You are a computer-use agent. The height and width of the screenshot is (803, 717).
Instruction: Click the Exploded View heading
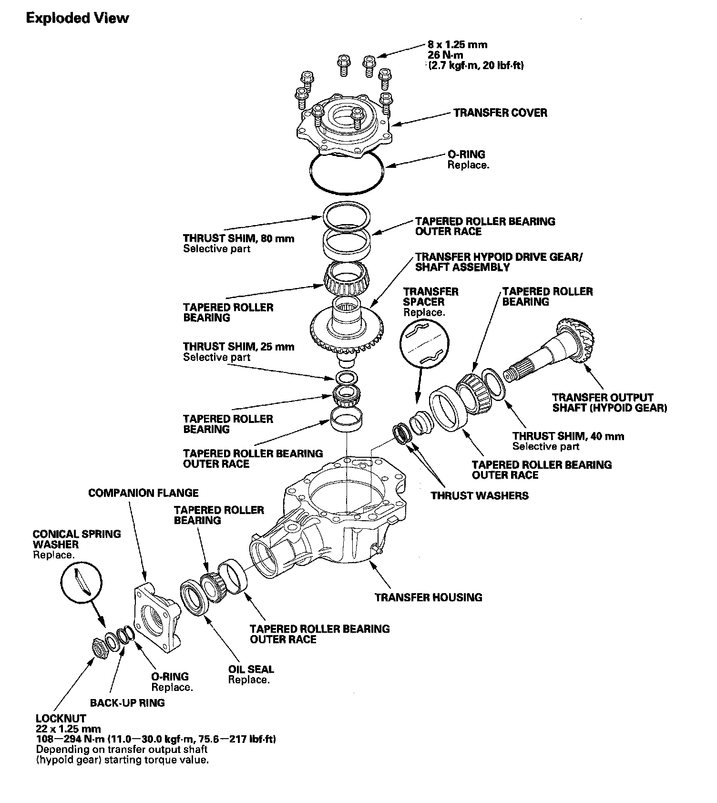pyautogui.click(x=77, y=18)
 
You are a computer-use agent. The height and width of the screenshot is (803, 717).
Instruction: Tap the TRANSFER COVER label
pyautogui.click(x=500, y=113)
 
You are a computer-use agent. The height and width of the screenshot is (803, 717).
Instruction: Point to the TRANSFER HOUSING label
pyautogui.click(x=428, y=597)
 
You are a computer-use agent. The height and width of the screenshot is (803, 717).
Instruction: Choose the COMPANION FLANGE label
pyautogui.click(x=143, y=493)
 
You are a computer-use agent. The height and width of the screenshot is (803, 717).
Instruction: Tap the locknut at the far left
pyautogui.click(x=99, y=648)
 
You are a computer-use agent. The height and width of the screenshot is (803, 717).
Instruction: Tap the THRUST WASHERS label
pyautogui.click(x=480, y=495)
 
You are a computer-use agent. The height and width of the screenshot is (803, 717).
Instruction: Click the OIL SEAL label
pyautogui.click(x=251, y=669)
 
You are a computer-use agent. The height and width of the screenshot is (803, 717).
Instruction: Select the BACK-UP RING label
pyautogui.click(x=127, y=702)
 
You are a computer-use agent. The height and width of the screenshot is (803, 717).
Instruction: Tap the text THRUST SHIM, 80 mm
pyautogui.click(x=238, y=238)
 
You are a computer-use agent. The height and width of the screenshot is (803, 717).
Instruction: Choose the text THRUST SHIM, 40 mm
pyautogui.click(x=568, y=436)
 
